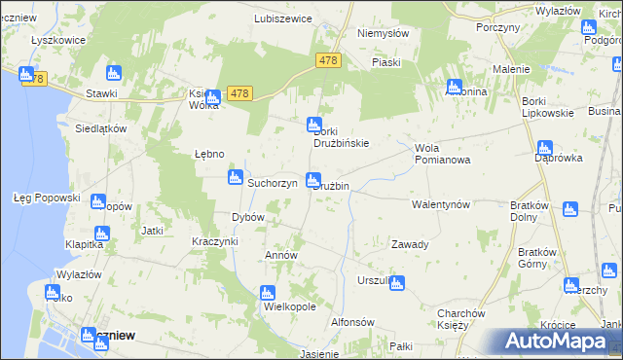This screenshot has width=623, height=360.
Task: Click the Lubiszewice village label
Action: (282, 18)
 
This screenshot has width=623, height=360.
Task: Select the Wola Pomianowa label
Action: (442, 154)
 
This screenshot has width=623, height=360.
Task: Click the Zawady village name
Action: (410, 244)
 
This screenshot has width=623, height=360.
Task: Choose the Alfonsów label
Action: (352, 322)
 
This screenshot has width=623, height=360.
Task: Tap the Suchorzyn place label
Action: (272, 183)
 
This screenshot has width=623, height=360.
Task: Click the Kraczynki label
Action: (215, 240)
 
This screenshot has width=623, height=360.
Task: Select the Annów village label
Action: (281, 255)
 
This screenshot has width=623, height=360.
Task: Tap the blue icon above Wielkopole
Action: (268, 293)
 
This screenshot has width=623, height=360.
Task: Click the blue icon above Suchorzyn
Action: (235, 177)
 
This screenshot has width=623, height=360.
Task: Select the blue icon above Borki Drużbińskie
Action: (314, 125)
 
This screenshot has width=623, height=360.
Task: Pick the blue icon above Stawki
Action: (113, 73)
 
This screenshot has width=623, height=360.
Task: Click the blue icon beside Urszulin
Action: (396, 282)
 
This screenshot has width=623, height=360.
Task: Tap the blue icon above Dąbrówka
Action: (544, 148)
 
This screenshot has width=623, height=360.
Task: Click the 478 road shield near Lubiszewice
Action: (328, 60)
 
